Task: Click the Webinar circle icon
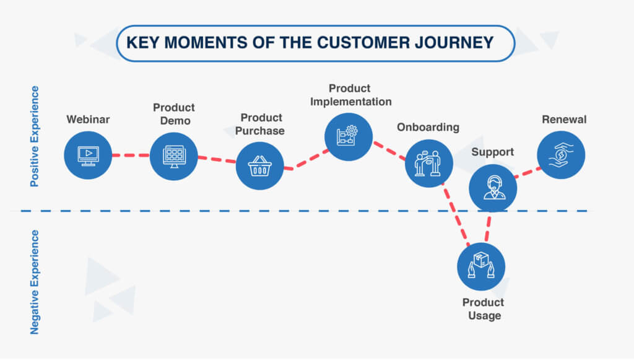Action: pyautogui.click(x=88, y=155)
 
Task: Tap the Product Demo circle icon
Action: pyautogui.click(x=174, y=157)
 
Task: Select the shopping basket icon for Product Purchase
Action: pyautogui.click(x=260, y=166)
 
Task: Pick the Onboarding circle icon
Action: pyautogui.click(x=429, y=163)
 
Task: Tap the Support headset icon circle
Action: pyautogui.click(x=492, y=188)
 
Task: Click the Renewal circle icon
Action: pyautogui.click(x=561, y=155)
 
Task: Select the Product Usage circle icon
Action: pyautogui.click(x=481, y=266)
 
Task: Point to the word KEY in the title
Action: pyautogui.click(x=141, y=43)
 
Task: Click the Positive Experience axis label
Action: pyautogui.click(x=35, y=136)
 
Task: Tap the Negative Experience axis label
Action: pyautogui.click(x=35, y=282)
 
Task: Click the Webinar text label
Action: pyautogui.click(x=88, y=119)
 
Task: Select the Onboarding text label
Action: pyautogui.click(x=428, y=127)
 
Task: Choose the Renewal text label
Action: pyautogui.click(x=563, y=119)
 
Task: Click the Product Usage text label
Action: pyautogui.click(x=484, y=309)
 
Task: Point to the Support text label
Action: pyautogui.click(x=493, y=152)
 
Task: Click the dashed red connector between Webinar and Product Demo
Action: pyautogui.click(x=131, y=155)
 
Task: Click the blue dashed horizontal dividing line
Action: pyautogui.click(x=248, y=211)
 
